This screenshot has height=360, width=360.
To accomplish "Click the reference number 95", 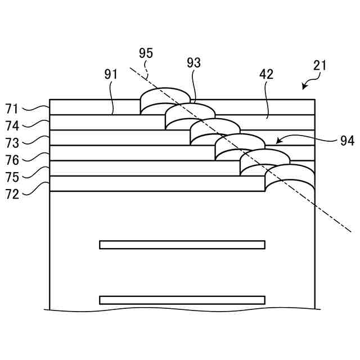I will (146, 54).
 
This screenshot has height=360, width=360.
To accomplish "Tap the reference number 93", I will (193, 63).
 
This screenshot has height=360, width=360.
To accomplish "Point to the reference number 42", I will (267, 74).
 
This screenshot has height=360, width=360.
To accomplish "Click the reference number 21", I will (320, 65).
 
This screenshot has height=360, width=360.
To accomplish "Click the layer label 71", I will (12, 108).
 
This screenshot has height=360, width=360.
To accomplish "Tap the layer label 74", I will (12, 126).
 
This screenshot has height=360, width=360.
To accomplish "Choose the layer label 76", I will (12, 161).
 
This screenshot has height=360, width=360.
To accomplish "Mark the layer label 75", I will (12, 177).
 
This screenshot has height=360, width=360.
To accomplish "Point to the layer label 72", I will (12, 195).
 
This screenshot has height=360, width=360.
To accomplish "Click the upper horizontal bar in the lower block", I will (182, 245).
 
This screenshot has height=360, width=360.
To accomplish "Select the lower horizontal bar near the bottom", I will (182, 300).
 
